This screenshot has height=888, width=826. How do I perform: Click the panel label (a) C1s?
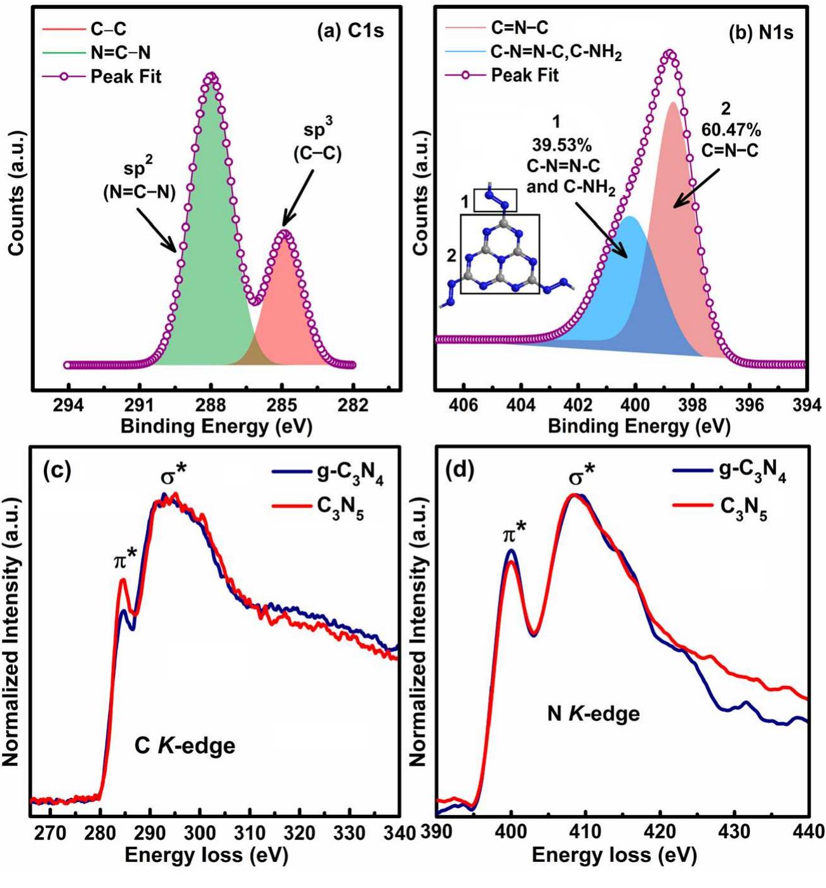(x=350, y=30)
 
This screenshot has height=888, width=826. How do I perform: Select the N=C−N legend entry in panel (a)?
(x=120, y=53)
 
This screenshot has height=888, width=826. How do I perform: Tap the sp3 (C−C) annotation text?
(x=317, y=142)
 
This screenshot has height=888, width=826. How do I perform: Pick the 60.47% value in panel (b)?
(x=730, y=130)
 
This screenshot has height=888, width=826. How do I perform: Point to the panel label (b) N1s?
(x=760, y=33)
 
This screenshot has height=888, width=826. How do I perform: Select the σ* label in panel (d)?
(x=582, y=472)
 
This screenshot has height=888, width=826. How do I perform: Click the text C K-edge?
(x=185, y=744)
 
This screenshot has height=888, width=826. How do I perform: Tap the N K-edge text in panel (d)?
(x=593, y=714)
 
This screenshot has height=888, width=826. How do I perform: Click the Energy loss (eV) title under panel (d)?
(x=613, y=856)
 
